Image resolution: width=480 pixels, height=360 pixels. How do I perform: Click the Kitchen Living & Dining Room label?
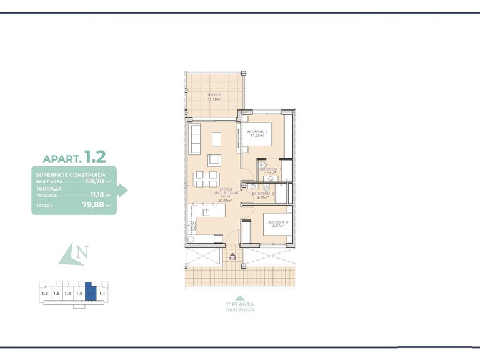(x=226, y=194)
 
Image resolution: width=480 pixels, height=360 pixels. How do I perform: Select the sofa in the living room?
(x=193, y=138)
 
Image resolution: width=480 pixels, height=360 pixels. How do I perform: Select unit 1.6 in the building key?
(x=44, y=293)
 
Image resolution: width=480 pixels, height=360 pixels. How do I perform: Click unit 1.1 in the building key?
(x=101, y=293)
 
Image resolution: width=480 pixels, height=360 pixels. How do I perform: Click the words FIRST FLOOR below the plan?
(x=240, y=310)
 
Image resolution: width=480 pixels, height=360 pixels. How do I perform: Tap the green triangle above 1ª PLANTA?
(x=240, y=297)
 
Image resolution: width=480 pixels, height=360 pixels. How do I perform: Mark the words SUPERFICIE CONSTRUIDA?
(x=70, y=175)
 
